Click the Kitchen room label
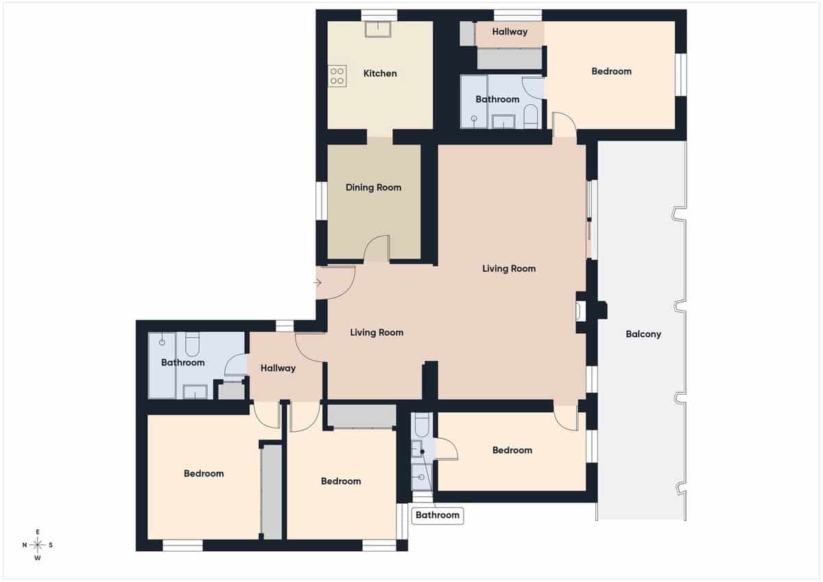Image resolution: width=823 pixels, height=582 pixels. coord(380,73)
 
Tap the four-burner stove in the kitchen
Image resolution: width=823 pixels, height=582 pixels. coord(337,75)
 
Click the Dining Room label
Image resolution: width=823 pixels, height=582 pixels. coord(373,187)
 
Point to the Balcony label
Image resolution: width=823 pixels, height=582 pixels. coord(643,335)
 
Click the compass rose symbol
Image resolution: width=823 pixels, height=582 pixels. coord(38,545)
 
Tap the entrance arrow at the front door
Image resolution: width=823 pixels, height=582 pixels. coord(318,282)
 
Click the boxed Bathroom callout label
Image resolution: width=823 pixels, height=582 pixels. coord(437,515)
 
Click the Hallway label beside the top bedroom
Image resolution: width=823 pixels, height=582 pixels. coord(510,32)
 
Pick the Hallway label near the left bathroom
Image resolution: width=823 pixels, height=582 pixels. coord(278,368)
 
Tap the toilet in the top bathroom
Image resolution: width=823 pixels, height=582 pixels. coord(531,117)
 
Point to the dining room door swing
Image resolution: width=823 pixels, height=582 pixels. coord(377,248)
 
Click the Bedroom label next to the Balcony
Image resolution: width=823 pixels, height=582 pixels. coord(512,450)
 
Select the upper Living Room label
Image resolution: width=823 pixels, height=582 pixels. coord(508,268)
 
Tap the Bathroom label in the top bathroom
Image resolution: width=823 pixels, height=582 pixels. coord(497,99)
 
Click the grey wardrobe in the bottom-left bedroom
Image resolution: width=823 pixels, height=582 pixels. coord(272,490)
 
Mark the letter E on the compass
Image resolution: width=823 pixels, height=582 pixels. coord(38,532)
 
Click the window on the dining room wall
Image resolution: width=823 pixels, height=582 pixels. coord(320,200)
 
